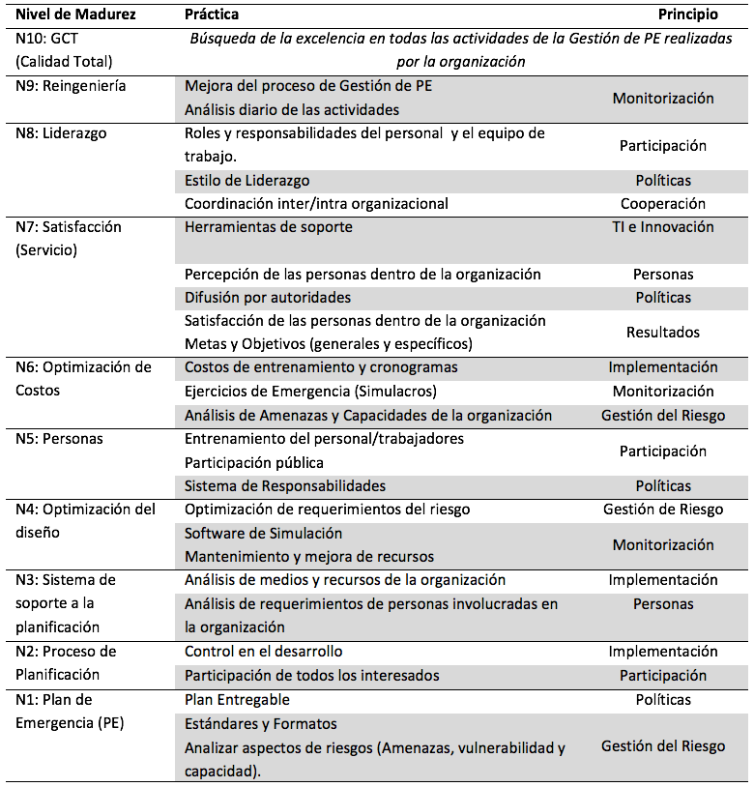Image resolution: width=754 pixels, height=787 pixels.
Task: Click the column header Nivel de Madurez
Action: click(76, 15)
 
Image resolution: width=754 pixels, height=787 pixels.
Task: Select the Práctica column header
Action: click(212, 15)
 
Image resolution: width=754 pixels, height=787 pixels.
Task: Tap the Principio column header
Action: click(687, 15)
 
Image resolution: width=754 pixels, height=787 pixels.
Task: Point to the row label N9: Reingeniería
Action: click(72, 86)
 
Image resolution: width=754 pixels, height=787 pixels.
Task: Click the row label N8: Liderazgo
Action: click(62, 133)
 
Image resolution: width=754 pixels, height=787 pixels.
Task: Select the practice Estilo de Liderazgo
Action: click(246, 181)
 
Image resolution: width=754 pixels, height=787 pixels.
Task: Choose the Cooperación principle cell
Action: click(662, 204)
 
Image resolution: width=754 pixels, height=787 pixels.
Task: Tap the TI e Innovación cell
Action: click(662, 227)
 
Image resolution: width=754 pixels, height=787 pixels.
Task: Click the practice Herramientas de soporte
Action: click(269, 227)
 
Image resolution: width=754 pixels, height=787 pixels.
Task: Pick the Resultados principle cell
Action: click(662, 333)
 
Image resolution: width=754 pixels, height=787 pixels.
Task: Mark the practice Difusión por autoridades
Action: click(268, 298)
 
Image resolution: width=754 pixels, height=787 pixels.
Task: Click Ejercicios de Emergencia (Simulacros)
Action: click(310, 392)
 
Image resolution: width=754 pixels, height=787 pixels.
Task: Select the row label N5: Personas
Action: click(60, 439)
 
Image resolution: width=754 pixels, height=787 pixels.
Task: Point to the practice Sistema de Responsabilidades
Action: click(285, 485)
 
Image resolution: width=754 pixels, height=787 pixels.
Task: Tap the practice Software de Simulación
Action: click(263, 533)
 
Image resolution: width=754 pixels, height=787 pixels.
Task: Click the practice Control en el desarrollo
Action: click(263, 652)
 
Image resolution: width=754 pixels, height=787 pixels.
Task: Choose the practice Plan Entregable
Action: click(237, 699)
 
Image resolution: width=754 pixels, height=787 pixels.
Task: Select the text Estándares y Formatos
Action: click(260, 723)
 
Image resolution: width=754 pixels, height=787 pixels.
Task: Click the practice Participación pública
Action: click(253, 462)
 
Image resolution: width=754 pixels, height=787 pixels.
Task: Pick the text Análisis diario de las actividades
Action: click(292, 109)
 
